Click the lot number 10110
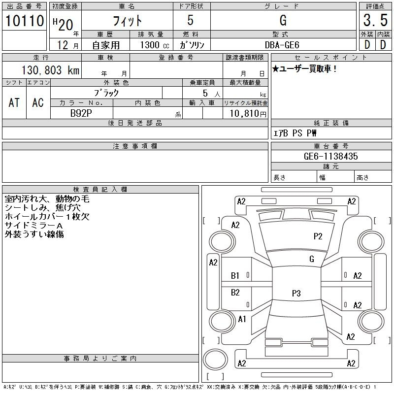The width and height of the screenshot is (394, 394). pos(25,21)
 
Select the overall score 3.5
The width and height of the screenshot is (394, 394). pos(375,20)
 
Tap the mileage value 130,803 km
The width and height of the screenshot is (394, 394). pos(50,70)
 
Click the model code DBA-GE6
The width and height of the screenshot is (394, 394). pos(282,45)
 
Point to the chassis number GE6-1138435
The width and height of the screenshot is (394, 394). pos(330,156)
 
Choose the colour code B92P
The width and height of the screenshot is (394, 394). pos(81,113)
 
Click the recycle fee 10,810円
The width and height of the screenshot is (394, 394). pos(248,114)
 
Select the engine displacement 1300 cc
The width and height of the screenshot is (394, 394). pos(155,45)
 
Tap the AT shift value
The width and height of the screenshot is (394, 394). pos(14,102)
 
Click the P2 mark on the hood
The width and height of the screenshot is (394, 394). pos(318,236)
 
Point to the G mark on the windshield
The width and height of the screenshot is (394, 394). pos(312,259)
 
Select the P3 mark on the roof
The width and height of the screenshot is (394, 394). pos(296,293)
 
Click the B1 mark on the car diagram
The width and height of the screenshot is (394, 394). pos(235,276)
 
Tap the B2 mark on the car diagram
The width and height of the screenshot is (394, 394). pos(235,293)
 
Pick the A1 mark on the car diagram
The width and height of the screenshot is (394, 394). pos(242,319)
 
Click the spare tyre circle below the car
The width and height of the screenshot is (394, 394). pos(215,360)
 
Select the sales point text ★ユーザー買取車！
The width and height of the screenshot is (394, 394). pos(304,68)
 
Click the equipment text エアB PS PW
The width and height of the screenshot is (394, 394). pos(295,133)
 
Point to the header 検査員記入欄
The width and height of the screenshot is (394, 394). pos(100,189)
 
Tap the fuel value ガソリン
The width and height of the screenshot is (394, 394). pos(192,45)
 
